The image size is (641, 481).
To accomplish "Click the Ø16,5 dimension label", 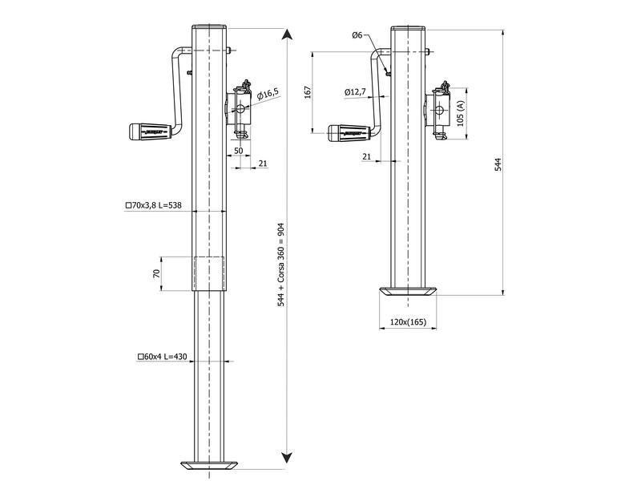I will click(268, 95).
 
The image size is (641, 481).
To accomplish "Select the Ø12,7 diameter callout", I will click(355, 92).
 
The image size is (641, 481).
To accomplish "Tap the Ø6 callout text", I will click(357, 35).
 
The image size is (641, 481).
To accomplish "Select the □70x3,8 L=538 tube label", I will click(155, 206).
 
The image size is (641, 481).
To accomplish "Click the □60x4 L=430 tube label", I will click(162, 355).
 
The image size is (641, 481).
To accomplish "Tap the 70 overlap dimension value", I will click(157, 273).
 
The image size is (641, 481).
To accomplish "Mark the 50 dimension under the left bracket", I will click(238, 151).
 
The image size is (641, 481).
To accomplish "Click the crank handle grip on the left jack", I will click(149, 131).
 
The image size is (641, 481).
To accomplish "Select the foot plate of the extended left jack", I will click(209, 465).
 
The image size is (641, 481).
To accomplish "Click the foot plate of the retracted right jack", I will click(409, 292).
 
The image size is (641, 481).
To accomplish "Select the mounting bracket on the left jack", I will click(239, 108).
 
